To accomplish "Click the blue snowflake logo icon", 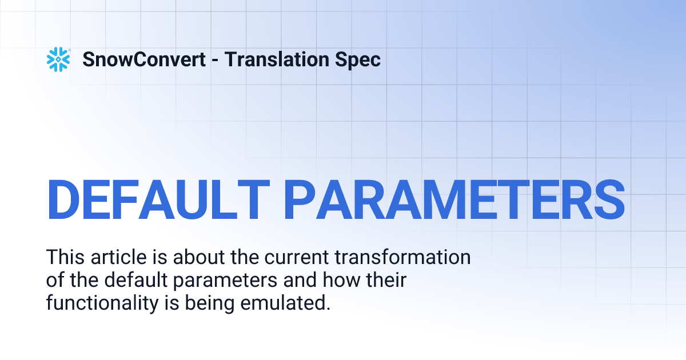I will coord(58,59).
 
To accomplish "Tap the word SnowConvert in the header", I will coord(144,59).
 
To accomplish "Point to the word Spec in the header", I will coord(360,59).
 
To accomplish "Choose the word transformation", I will coord(402,257).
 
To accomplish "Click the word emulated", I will coord(284,303).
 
